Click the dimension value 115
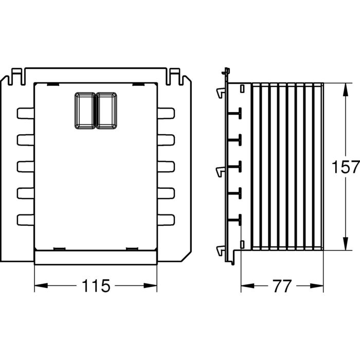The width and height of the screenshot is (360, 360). (x=96, y=286)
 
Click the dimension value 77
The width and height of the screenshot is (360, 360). (x=282, y=286)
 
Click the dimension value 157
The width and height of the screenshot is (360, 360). (x=346, y=167)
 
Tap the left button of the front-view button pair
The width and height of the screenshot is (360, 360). (x=85, y=111)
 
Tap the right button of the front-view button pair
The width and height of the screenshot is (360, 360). (x=106, y=111)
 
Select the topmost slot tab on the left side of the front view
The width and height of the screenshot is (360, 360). (x=26, y=113)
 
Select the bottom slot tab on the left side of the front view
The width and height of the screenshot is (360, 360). (x=26, y=220)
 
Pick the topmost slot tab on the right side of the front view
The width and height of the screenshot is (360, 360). (x=166, y=113)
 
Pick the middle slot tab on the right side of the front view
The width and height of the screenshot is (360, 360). (x=166, y=167)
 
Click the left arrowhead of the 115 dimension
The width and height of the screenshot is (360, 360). (x=41, y=285)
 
